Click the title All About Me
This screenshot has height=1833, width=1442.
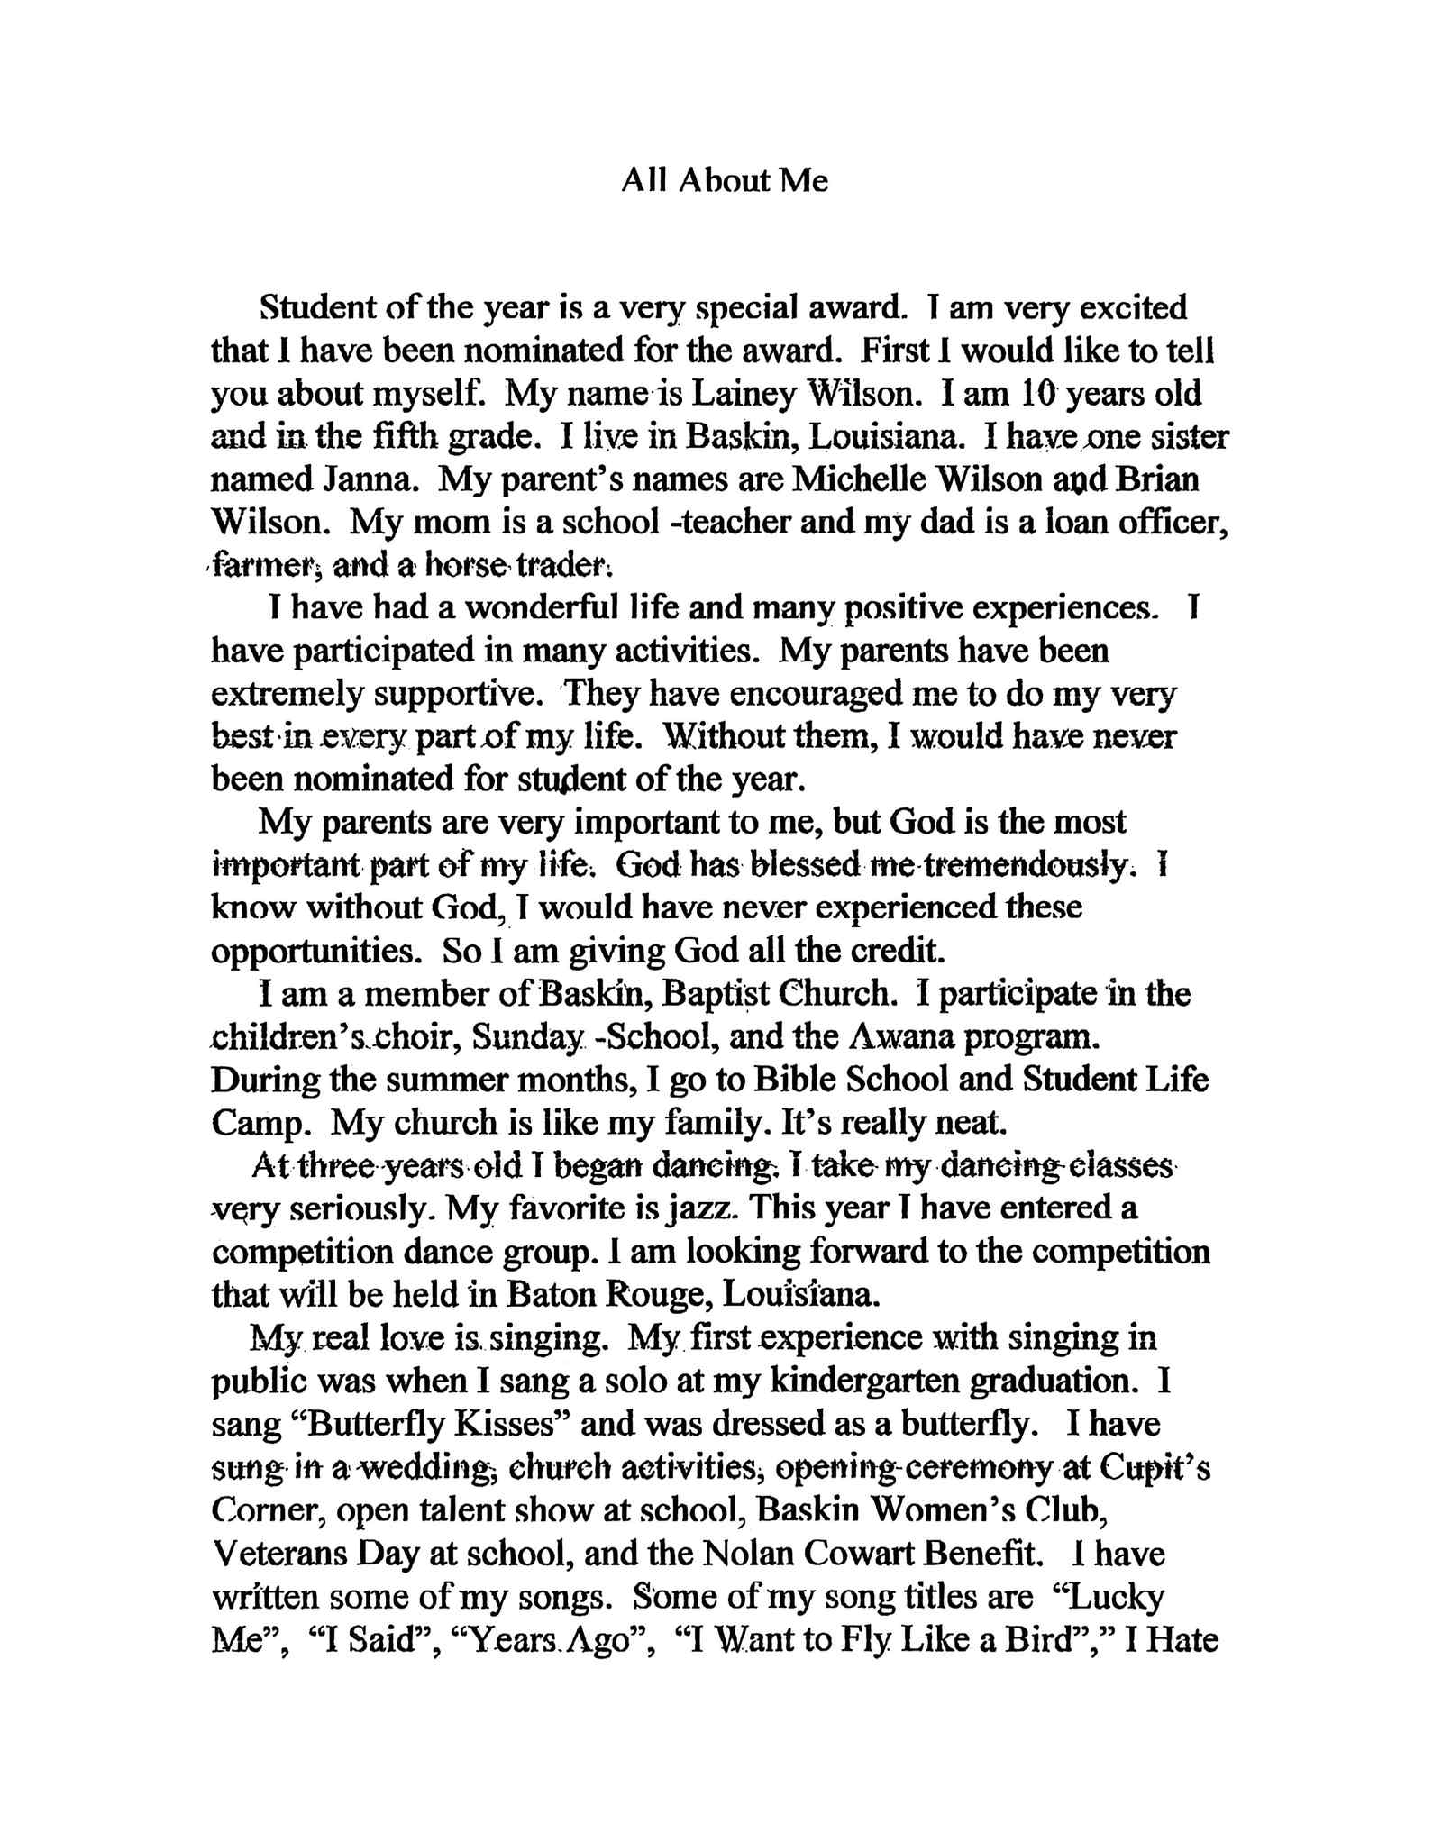click(x=724, y=181)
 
